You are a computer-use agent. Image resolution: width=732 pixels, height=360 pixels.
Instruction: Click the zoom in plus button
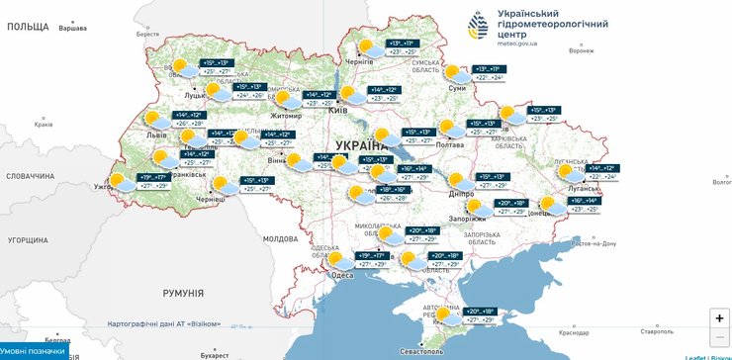coord(718,318)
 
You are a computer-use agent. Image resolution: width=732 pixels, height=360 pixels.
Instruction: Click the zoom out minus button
coord(718,340)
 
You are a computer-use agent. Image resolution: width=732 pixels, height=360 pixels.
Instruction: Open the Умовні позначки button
coord(34,351)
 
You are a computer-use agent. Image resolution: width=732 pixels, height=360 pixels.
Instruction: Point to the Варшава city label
coord(73,28)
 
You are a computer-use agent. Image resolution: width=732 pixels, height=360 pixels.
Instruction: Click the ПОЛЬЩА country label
coord(27,26)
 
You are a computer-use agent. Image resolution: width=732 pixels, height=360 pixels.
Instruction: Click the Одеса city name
coord(341,276)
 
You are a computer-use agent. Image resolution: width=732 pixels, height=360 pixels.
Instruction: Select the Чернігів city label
coord(357,61)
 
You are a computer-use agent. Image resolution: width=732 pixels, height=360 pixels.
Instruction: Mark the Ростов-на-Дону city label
coord(591,242)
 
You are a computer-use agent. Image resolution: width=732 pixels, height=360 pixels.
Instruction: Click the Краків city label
coord(43,125)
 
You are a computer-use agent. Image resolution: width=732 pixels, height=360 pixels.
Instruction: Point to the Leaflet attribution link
coord(696,357)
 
